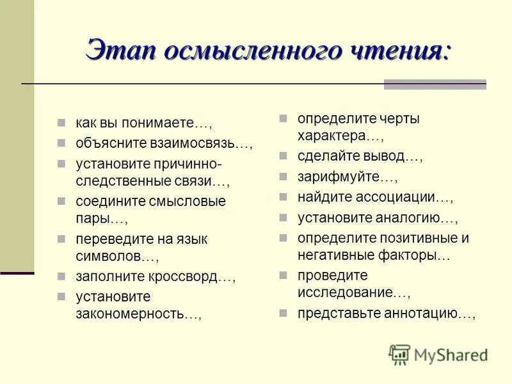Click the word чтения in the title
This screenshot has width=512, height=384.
click(404, 51)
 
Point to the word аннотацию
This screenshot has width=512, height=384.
click(420, 314)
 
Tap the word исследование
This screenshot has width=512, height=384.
click(344, 292)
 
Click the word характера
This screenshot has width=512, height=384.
click(330, 136)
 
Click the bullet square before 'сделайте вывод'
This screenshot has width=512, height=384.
click(283, 156)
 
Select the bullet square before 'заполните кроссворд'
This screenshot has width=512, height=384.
click(61, 277)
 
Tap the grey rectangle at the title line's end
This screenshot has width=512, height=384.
click(435, 84)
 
